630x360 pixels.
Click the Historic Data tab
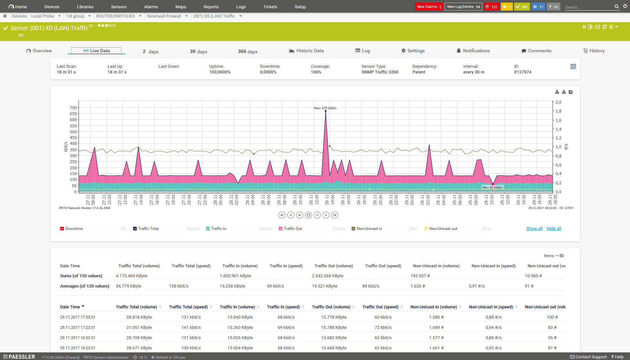(x=306, y=51)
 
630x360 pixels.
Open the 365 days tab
(x=248, y=51)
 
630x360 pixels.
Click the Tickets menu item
(x=270, y=7)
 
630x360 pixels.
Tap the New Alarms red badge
(x=429, y=7)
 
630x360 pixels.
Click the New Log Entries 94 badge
(x=463, y=7)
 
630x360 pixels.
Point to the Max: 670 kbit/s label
(x=325, y=108)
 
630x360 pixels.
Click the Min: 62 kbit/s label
(x=492, y=187)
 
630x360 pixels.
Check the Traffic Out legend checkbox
(x=281, y=229)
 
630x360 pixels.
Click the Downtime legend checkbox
(x=62, y=229)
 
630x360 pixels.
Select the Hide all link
(x=554, y=229)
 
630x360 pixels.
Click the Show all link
(x=534, y=229)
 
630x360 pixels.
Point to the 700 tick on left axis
(x=73, y=108)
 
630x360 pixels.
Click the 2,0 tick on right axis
(x=558, y=102)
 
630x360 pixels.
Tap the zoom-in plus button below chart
(x=300, y=215)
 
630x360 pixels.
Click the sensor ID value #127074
(x=522, y=72)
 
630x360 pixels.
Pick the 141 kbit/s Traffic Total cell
(x=191, y=328)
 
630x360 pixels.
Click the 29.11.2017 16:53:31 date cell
(x=77, y=338)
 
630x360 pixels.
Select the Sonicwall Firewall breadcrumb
(x=164, y=16)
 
